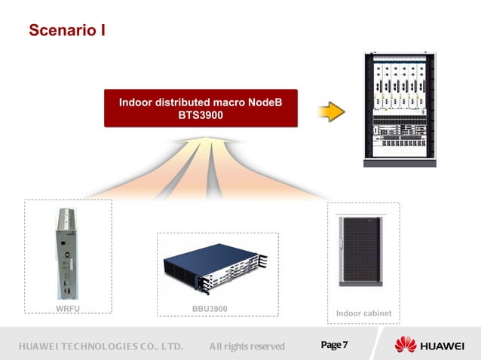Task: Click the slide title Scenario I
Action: click(x=66, y=31)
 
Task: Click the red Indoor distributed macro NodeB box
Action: click(x=201, y=108)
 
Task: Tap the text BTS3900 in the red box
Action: click(x=201, y=116)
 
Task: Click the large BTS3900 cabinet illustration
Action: click(x=400, y=108)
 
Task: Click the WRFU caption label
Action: click(x=68, y=309)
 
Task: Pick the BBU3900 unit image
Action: click(x=216, y=268)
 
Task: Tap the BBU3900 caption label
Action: click(x=210, y=309)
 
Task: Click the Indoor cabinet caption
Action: click(x=363, y=313)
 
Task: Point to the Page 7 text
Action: click(x=334, y=345)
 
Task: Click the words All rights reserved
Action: click(x=247, y=346)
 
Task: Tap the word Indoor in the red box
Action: click(x=137, y=102)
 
